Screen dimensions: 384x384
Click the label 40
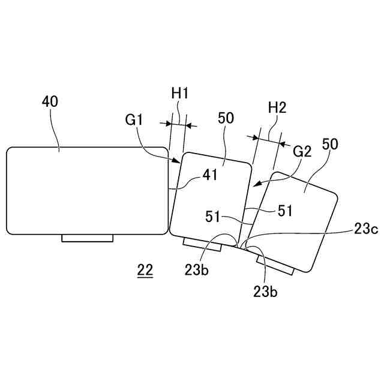50,101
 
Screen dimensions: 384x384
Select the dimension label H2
277,108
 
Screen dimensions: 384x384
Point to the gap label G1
134,119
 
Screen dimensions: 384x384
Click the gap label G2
302,152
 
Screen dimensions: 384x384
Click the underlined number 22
145,271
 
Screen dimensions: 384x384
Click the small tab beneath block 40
87,238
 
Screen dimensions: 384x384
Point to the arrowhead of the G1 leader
178,162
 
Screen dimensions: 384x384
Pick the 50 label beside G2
329,144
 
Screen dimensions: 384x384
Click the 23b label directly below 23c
265,292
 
